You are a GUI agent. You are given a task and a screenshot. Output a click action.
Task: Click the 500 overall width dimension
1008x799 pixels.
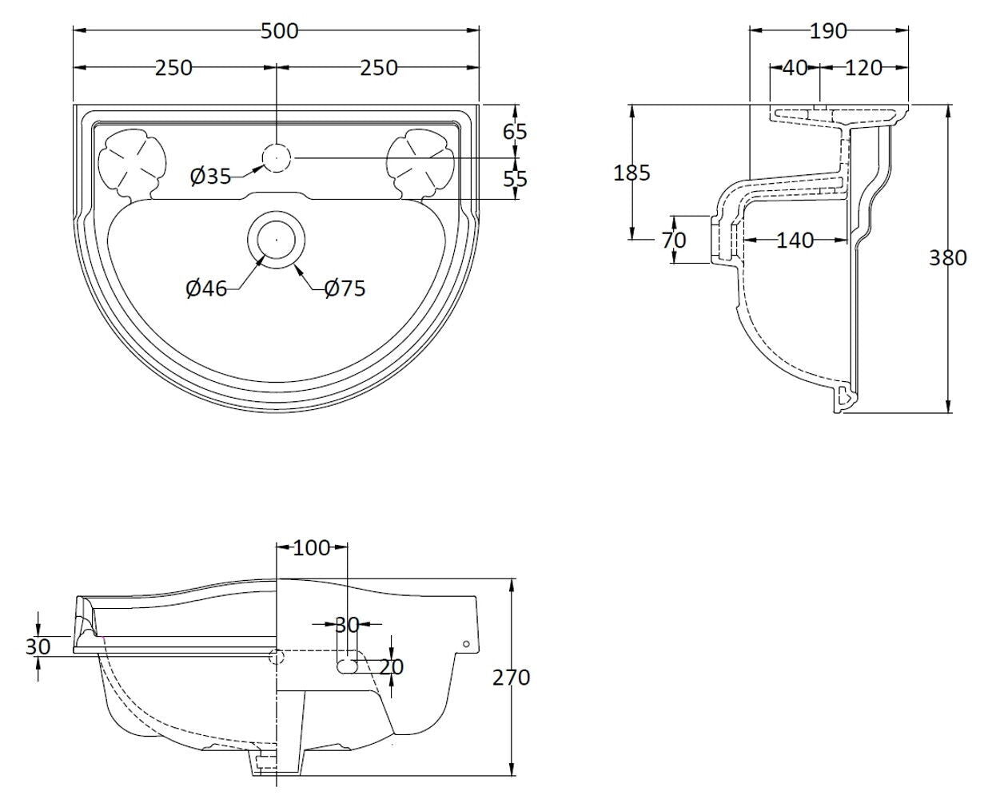click(x=279, y=31)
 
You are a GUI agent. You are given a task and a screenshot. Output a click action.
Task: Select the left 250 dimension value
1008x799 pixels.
click(x=173, y=68)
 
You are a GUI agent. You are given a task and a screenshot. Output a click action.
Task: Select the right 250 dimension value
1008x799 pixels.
click(x=378, y=68)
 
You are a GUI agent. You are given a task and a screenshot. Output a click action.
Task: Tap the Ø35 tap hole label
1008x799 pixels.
click(x=210, y=176)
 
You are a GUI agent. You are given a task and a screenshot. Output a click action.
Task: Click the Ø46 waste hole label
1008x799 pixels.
click(x=206, y=288)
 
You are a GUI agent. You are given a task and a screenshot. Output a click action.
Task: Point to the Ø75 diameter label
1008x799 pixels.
click(x=345, y=288)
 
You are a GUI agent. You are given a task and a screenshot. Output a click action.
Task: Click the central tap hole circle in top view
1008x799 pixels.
click(x=276, y=157)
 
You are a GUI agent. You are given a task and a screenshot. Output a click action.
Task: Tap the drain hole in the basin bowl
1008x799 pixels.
click(x=276, y=238)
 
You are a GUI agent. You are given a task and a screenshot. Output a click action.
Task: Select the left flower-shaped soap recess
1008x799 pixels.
click(x=131, y=160)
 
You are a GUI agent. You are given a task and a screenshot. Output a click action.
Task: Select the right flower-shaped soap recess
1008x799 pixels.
click(x=419, y=160)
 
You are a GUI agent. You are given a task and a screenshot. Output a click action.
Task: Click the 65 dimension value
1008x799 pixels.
click(x=516, y=131)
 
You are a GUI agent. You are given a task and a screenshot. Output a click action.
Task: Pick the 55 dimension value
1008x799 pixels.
click(x=516, y=178)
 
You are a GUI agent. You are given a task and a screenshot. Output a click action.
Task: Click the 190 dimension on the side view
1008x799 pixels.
click(x=827, y=31)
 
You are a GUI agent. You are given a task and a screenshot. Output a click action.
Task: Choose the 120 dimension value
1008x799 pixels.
click(x=863, y=68)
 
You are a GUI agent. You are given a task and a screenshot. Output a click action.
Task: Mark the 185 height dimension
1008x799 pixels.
click(x=632, y=172)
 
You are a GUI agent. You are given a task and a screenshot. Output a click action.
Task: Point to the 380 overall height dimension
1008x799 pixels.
click(x=948, y=257)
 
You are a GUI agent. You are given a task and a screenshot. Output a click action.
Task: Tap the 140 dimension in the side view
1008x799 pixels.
click(x=795, y=240)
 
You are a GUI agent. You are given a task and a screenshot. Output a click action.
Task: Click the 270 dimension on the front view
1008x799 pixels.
click(x=511, y=678)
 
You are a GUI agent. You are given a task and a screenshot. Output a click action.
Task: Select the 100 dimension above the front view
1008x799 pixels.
click(x=312, y=547)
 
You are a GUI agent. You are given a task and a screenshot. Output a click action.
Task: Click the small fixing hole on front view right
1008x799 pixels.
click(x=466, y=644)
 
